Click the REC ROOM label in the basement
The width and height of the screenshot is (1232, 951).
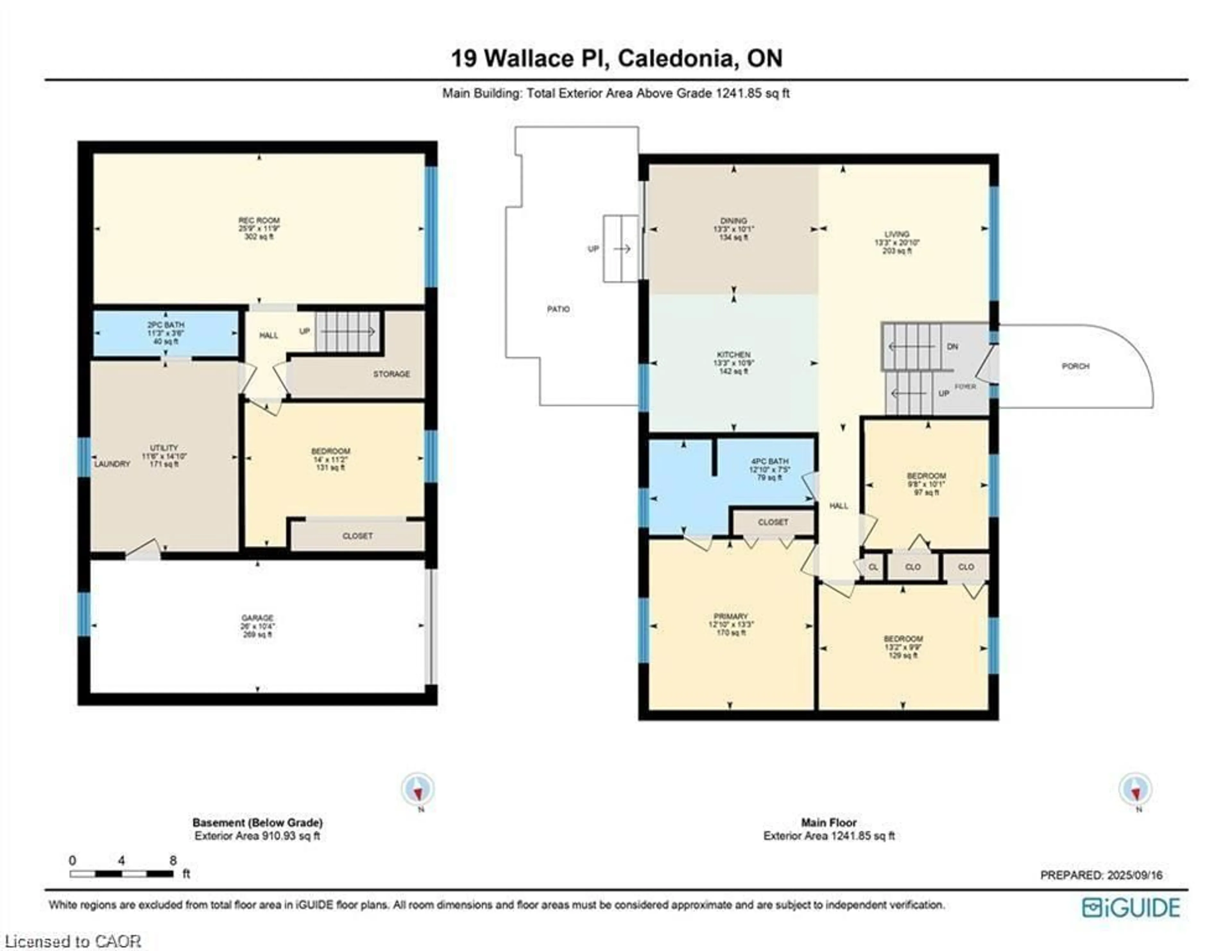point(259,220)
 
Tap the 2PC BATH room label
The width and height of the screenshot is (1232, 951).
point(166,325)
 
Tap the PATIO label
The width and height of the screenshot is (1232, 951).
point(558,309)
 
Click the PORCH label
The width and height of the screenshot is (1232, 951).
point(1075,366)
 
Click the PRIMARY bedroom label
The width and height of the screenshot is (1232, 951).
point(731,617)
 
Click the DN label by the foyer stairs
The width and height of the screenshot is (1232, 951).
point(952,347)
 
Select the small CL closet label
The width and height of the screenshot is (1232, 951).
point(873,567)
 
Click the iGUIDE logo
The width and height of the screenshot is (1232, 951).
point(1131,908)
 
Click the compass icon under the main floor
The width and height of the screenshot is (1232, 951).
point(1135,789)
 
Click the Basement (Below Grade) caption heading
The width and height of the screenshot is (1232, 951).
point(257,822)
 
